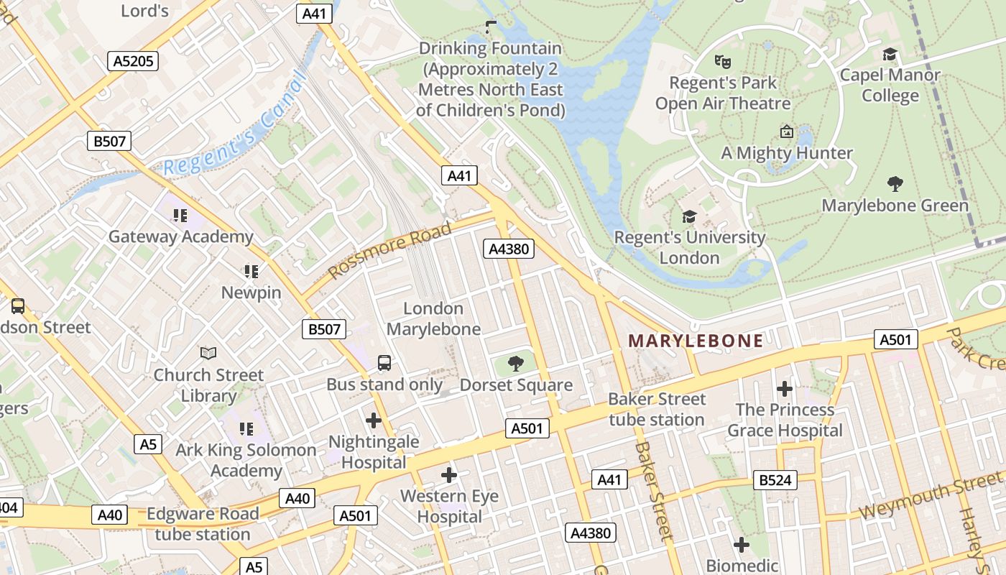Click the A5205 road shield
[134, 61]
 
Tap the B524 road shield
[775, 480]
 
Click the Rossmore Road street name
[390, 250]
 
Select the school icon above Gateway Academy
[180, 215]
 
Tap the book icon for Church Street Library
[208, 353]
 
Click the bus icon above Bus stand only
[384, 363]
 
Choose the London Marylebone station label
[433, 318]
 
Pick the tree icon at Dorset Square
[515, 364]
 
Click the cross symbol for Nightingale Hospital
[373, 420]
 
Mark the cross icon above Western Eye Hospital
[449, 475]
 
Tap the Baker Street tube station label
[657, 409]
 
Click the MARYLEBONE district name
[696, 341]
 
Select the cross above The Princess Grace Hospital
[785, 389]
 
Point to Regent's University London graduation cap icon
[689, 216]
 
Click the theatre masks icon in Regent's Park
[722, 61]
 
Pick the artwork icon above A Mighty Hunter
[786, 132]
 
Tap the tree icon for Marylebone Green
[895, 184]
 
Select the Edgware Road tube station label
[203, 524]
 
